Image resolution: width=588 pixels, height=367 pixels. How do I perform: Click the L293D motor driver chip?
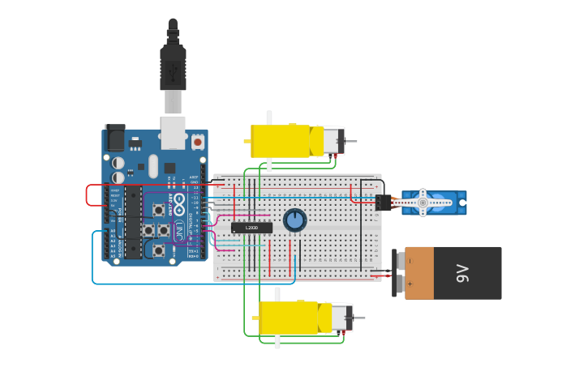[x=251, y=228]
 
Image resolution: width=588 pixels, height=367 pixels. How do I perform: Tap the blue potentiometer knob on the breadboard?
[x=294, y=220]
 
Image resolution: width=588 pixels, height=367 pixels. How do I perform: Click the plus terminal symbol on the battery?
[x=410, y=284]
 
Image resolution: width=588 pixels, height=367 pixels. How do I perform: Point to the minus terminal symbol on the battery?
[x=410, y=261]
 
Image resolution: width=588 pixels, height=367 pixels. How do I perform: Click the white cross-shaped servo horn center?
[x=422, y=202]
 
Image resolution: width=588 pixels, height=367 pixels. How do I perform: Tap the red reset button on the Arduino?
[x=198, y=142]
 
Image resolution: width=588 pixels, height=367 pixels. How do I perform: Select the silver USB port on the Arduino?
[x=173, y=131]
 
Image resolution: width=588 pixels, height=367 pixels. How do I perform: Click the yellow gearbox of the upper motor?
[x=280, y=141]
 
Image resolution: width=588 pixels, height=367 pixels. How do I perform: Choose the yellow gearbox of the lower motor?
[x=288, y=318]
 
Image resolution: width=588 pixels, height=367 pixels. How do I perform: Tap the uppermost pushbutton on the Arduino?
[x=158, y=211]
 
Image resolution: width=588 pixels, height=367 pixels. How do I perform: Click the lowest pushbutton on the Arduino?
[x=159, y=250]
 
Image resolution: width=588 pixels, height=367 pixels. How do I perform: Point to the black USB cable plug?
[x=173, y=69]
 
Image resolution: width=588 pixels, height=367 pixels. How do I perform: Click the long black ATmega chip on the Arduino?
[x=132, y=222]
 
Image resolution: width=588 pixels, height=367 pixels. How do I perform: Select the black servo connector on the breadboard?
[x=383, y=203]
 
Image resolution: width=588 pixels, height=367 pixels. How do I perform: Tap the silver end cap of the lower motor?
[x=341, y=317]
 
